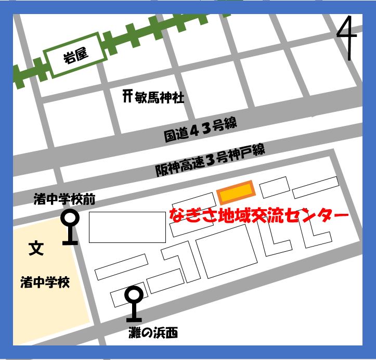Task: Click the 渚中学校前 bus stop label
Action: [x=64, y=199]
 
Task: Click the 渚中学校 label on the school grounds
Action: [x=45, y=283]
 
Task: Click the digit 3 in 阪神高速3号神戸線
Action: [x=211, y=160]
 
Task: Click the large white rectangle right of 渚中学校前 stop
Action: [x=127, y=227]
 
